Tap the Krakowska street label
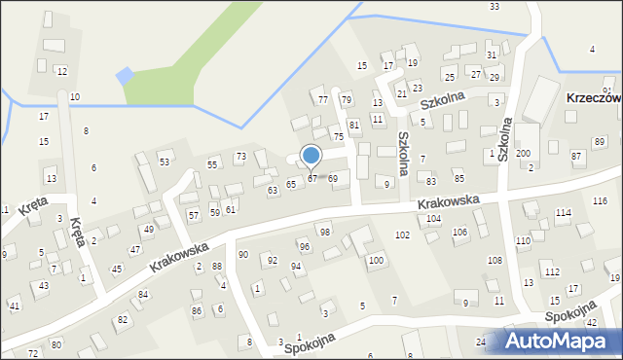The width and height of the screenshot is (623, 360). pyautogui.click(x=449, y=201)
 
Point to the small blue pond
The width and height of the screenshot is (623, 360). pyautogui.click(x=124, y=75)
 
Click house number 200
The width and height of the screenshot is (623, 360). pyautogui.click(x=523, y=154)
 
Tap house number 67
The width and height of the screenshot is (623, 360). pyautogui.click(x=311, y=178)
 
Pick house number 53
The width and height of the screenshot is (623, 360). pyautogui.click(x=165, y=162)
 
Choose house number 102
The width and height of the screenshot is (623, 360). pyautogui.click(x=402, y=235)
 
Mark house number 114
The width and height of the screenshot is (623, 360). pyautogui.click(x=563, y=212)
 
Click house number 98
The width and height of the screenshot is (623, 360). pyautogui.click(x=325, y=232)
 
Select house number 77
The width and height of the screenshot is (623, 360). pyautogui.click(x=322, y=100)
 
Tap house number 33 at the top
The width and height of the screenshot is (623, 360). pyautogui.click(x=495, y=7)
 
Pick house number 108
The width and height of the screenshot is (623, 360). pyautogui.click(x=495, y=260)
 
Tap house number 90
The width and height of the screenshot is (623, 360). pyautogui.click(x=242, y=254)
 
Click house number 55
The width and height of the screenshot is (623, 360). pyautogui.click(x=212, y=165)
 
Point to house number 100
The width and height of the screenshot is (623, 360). pyautogui.click(x=375, y=261)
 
